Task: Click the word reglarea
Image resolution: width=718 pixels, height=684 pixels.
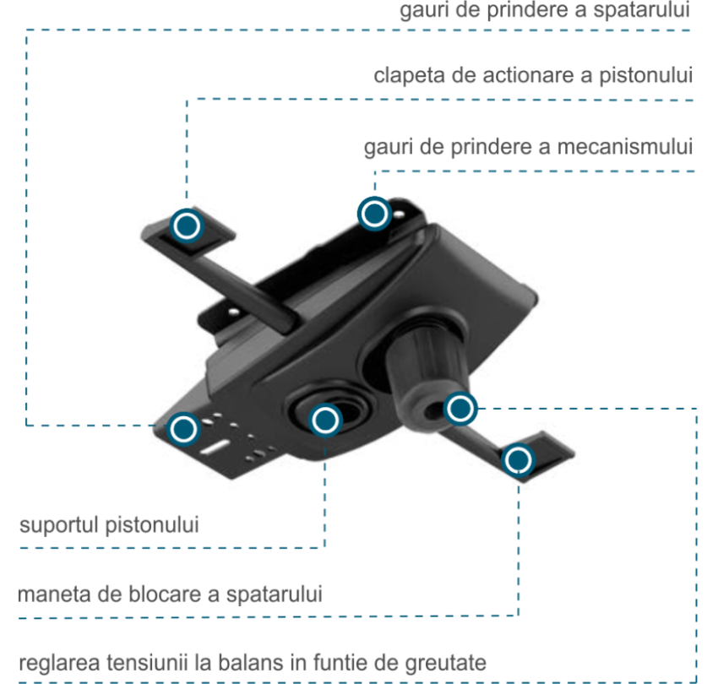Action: (x=55, y=662)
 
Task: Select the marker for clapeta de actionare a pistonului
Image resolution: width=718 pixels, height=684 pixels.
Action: (x=187, y=225)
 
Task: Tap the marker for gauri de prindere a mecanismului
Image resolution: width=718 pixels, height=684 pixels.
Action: (x=373, y=214)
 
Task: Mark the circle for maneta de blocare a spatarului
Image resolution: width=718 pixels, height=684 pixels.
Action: (x=518, y=460)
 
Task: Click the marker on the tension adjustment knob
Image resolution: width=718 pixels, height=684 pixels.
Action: (x=460, y=410)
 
